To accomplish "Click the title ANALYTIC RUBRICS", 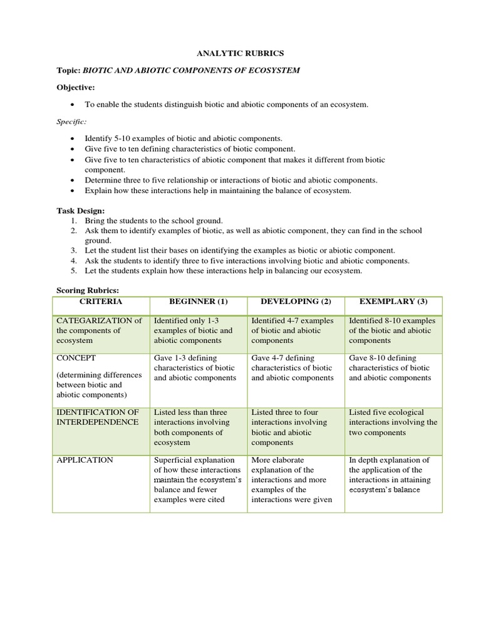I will (240, 55).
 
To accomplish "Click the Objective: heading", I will (76, 87).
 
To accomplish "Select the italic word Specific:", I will (71, 120).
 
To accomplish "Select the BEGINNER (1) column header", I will (198, 302).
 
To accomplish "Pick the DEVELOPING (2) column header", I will (296, 302).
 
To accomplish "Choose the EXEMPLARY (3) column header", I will (393, 302).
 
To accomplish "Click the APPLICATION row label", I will (85, 460).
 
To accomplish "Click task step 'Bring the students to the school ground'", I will (154, 221).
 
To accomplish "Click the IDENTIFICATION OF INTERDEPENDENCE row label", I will (98, 417).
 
